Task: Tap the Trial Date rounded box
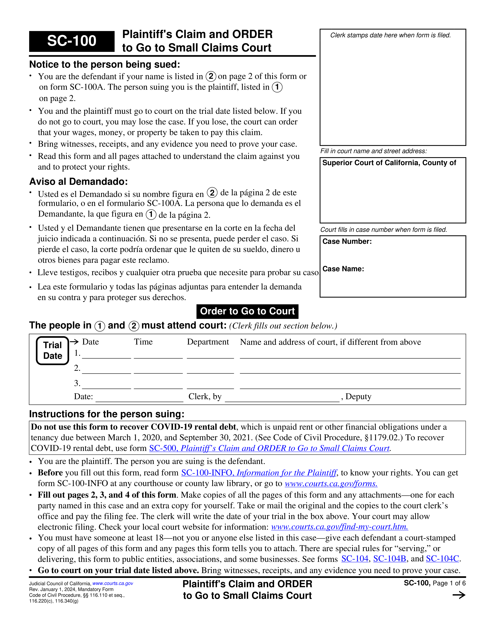52,350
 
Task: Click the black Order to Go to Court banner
247,311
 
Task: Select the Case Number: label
347,241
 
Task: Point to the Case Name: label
343,269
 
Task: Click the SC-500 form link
269,448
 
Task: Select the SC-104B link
389,559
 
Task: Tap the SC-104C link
442,559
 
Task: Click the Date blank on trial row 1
106,355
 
